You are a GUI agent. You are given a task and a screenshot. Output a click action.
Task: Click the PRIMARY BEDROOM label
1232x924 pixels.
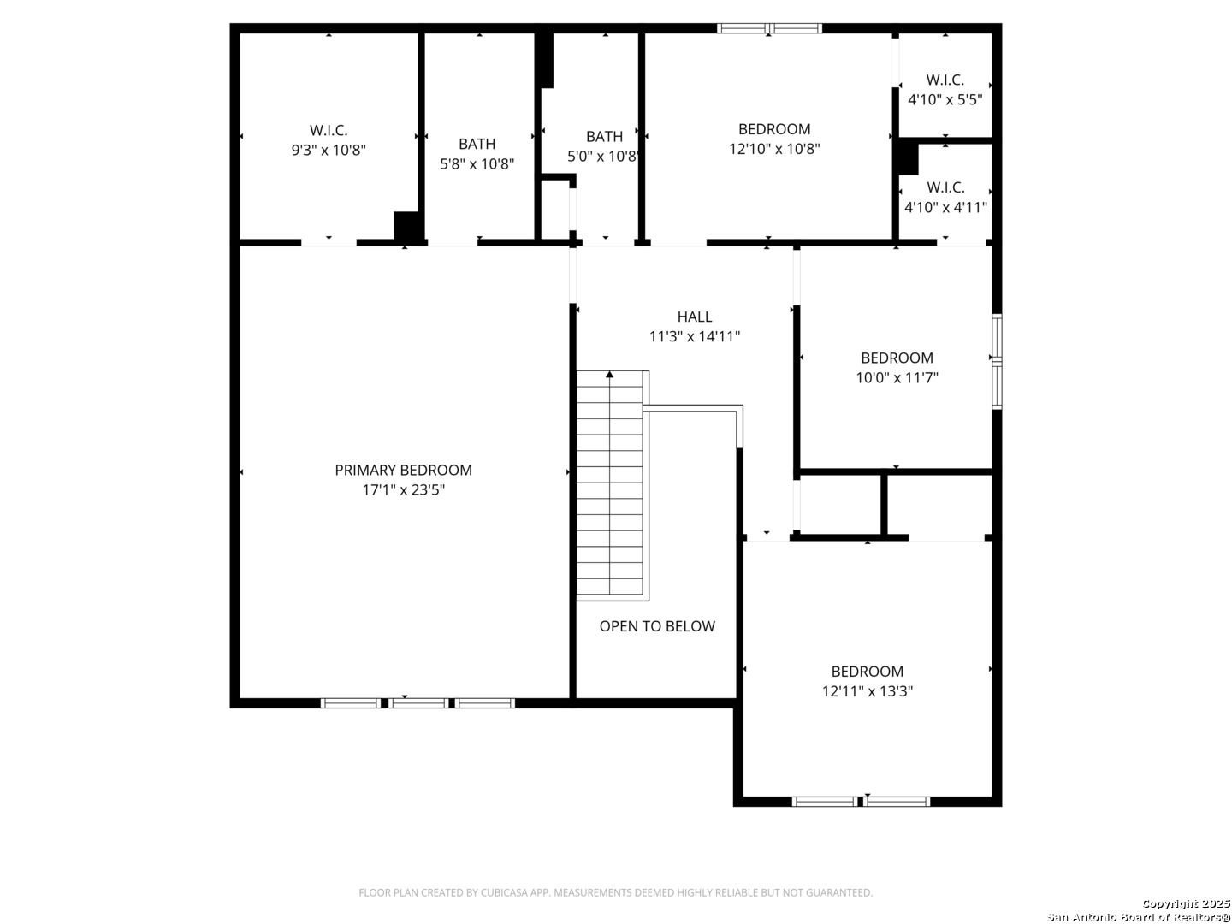pos(403,471)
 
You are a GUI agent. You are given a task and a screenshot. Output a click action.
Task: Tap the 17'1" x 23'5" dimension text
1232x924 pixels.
pos(403,489)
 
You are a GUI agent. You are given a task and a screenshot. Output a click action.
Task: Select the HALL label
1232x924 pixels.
pos(695,317)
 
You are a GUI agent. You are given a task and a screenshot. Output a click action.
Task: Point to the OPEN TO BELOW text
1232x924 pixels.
pos(657,626)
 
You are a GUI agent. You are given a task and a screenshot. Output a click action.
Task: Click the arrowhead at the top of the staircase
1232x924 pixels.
pos(609,374)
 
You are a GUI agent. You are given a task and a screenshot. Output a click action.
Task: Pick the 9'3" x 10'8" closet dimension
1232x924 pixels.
pos(329,151)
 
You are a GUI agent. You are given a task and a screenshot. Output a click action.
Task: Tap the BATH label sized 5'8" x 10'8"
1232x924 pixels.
pos(477,145)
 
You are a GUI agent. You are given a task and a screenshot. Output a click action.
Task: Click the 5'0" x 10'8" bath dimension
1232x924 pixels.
pos(603,156)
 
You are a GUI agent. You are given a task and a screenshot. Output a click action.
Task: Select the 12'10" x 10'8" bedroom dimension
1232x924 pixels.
pos(774,149)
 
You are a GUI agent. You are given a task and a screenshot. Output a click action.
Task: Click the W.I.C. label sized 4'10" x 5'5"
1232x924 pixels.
pos(945,80)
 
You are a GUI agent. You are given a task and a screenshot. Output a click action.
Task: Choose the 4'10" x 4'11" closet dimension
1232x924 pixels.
pos(945,208)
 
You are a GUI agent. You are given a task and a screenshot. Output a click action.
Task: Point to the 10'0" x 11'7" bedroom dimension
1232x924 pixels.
pos(897,377)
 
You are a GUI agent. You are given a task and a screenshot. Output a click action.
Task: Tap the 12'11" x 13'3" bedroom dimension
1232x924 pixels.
pos(868,691)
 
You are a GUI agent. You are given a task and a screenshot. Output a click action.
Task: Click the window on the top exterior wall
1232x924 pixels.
pos(769,28)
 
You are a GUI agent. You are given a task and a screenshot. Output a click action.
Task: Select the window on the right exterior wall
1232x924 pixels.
pos(997,361)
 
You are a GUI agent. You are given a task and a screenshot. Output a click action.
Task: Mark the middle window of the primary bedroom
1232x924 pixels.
pos(418,703)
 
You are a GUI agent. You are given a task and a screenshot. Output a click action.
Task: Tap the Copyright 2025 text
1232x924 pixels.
pos(1186,903)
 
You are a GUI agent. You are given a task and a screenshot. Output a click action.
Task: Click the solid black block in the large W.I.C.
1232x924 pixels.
pos(407,227)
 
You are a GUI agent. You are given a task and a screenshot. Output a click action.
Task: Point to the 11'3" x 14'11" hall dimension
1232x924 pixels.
pos(695,336)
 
